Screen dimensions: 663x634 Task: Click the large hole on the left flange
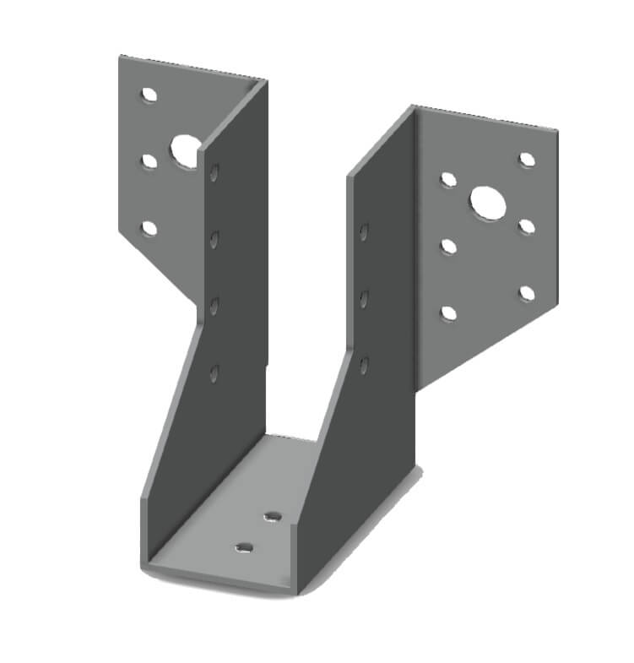click(x=184, y=151)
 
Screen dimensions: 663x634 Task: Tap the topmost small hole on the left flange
click(x=149, y=95)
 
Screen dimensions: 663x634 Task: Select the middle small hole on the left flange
click(x=149, y=160)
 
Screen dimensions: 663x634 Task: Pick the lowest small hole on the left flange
click(x=149, y=227)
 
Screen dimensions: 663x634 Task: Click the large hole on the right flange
click(x=486, y=201)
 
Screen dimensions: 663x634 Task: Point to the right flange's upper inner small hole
click(x=448, y=179)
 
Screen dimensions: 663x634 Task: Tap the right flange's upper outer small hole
click(x=527, y=160)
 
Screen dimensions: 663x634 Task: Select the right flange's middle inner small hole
click(x=448, y=247)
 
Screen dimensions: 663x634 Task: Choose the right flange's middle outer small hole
click(x=527, y=226)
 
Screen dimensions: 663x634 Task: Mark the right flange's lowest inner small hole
click(x=448, y=313)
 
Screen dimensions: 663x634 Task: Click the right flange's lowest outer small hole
click(x=527, y=293)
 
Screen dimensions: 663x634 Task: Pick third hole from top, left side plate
click(x=214, y=305)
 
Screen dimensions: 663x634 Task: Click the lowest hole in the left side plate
click(x=214, y=372)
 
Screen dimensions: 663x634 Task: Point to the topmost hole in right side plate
click(x=364, y=231)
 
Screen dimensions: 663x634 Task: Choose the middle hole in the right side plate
click(x=364, y=298)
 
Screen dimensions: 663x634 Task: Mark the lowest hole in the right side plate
click(x=364, y=365)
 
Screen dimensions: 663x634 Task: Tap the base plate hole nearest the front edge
click(x=244, y=548)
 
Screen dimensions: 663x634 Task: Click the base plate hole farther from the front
click(x=272, y=516)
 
